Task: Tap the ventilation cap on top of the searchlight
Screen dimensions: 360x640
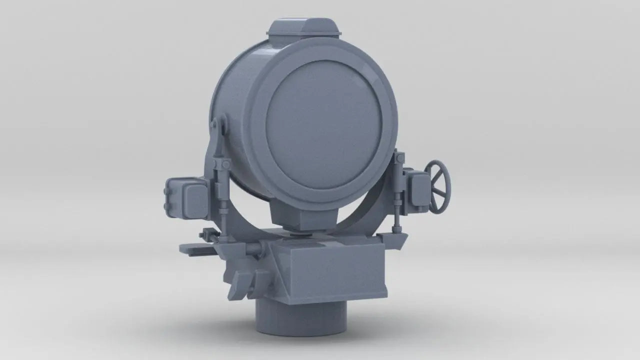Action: (x=303, y=28)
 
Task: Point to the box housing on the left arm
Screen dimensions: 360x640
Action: (x=185, y=196)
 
